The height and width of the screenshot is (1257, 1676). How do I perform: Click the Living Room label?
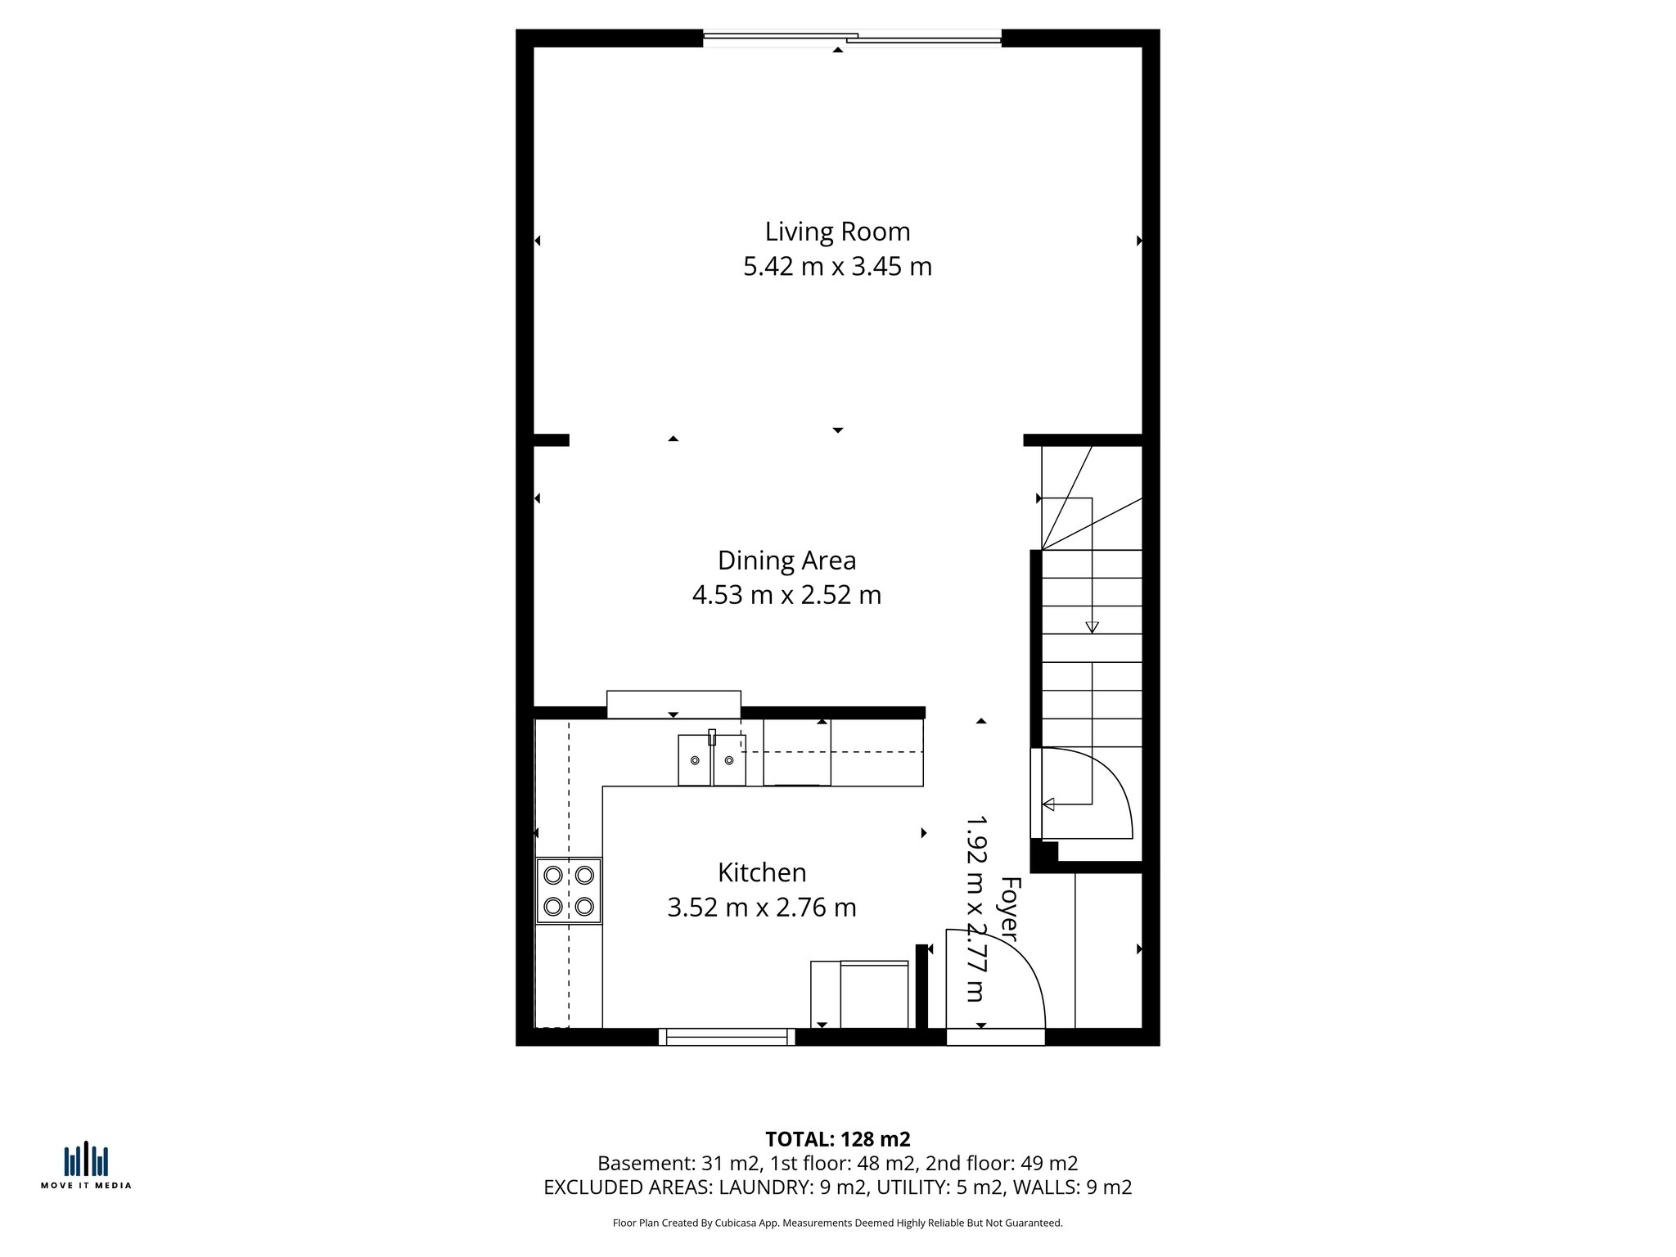[x=837, y=232]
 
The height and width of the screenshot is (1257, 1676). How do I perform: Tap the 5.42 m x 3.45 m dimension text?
[x=837, y=267]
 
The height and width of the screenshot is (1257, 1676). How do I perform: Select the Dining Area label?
[x=786, y=561]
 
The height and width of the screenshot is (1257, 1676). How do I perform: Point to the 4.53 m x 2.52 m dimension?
[x=786, y=595]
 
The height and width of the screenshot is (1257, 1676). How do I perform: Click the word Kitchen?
[x=762, y=872]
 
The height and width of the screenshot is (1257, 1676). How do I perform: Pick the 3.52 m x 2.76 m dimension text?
[x=762, y=908]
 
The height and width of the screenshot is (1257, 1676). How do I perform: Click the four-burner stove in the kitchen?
[x=569, y=891]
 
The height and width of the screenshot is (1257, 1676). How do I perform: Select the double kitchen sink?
[x=712, y=761]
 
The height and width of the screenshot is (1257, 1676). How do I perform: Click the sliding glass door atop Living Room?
[x=852, y=38]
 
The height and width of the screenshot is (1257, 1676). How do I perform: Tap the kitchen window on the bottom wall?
[x=727, y=1038]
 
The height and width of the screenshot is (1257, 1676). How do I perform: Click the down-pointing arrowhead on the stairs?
[x=1092, y=628]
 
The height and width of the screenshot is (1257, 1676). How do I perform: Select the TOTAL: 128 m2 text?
[x=837, y=1139]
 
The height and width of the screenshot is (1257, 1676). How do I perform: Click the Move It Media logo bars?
[x=86, y=1160]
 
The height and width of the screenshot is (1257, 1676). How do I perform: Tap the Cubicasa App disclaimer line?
[x=837, y=1223]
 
